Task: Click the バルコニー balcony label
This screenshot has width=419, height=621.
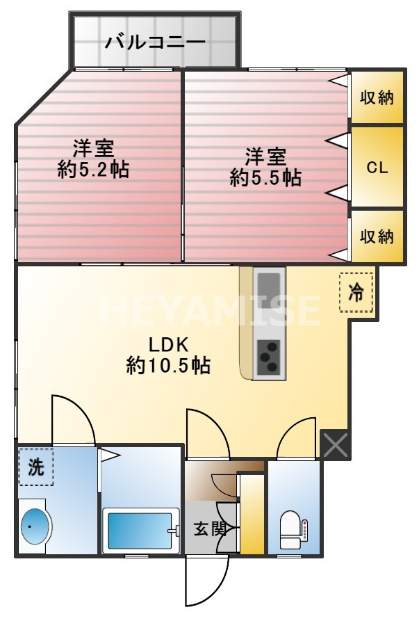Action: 155,42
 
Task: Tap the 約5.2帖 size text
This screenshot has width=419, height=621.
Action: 94,170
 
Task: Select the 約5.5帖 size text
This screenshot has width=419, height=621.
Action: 265,177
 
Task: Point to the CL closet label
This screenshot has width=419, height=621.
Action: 377,168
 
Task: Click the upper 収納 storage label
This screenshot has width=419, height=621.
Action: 377,97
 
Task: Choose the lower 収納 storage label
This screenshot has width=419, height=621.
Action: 377,236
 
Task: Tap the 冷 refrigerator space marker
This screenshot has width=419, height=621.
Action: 356,293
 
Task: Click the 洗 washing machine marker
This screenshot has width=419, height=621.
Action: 35,467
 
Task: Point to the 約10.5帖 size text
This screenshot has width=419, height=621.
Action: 168,365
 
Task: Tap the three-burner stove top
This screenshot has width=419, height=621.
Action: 268,357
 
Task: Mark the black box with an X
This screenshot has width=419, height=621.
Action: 335,445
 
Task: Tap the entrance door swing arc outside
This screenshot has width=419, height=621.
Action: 208,580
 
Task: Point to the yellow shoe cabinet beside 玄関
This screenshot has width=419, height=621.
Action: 252,515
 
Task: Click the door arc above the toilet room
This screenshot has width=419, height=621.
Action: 297,438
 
